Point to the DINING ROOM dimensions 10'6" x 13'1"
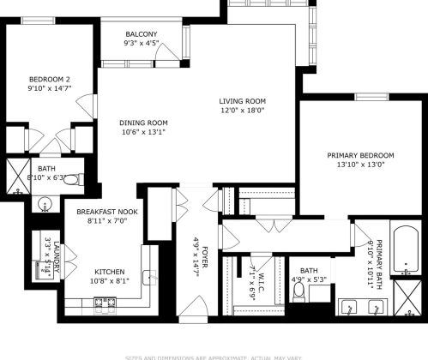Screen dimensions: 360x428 coord(143,132)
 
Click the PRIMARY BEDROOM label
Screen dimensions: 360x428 coord(360,155)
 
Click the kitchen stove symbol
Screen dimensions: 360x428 coord(105,302)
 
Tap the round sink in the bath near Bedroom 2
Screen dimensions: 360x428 coord(46,205)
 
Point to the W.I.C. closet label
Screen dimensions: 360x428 coord(251,276)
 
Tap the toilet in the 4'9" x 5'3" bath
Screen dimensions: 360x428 coord(298,292)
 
